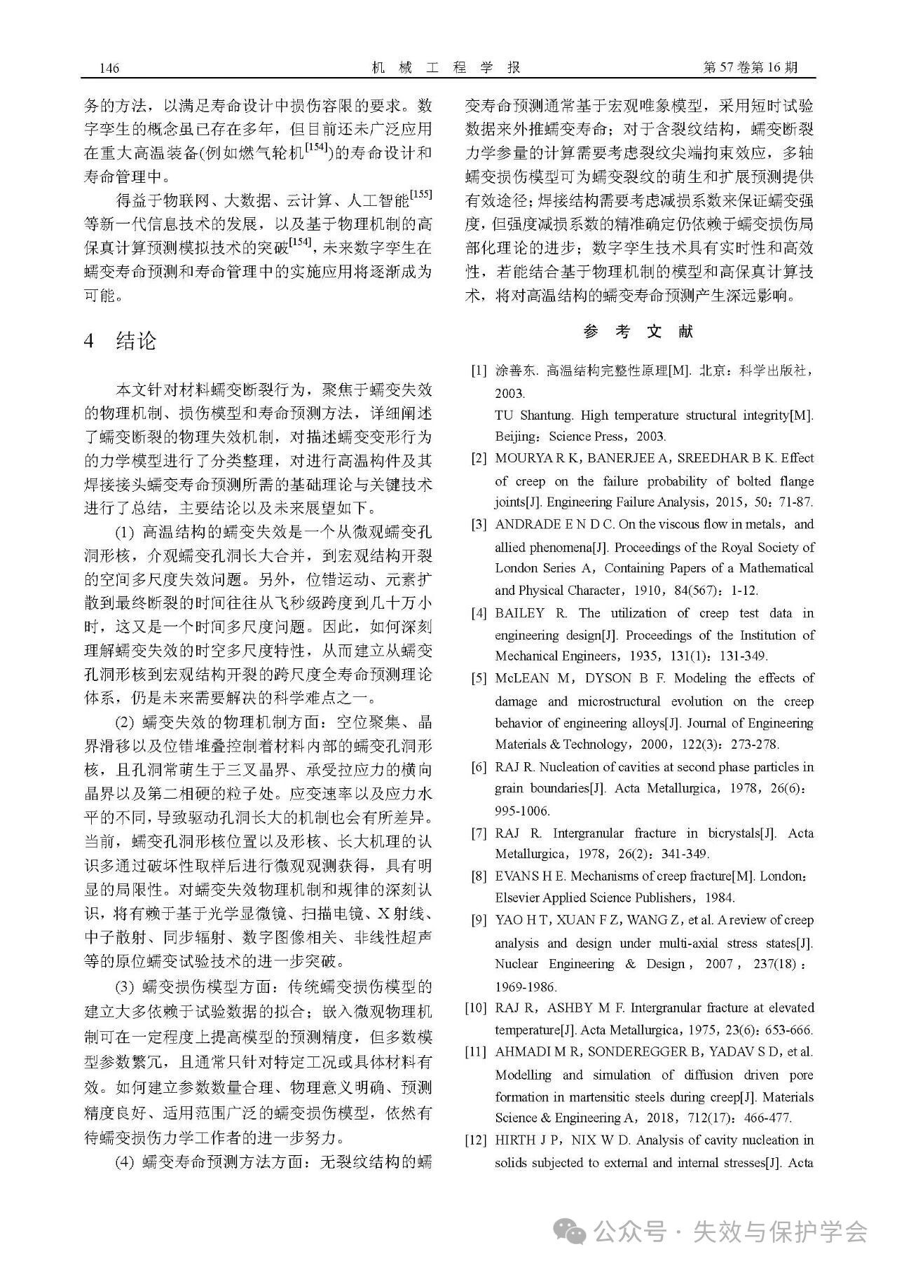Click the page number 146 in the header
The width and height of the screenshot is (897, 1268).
pyautogui.click(x=109, y=68)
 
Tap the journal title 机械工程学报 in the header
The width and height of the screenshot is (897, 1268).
pyautogui.click(x=446, y=67)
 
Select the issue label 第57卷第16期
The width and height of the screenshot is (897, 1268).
pyautogui.click(x=749, y=67)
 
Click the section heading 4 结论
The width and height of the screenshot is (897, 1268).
pyautogui.click(x=120, y=341)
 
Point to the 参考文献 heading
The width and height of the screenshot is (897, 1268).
pyautogui.click(x=638, y=331)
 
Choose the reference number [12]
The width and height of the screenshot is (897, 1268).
pyautogui.click(x=476, y=1140)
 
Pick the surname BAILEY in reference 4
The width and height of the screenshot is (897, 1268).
pyautogui.click(x=519, y=613)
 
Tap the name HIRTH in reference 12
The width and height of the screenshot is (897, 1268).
pyautogui.click(x=516, y=1140)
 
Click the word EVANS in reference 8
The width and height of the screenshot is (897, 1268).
pyautogui.click(x=516, y=876)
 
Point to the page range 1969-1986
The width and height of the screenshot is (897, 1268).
pyautogui.click(x=526, y=986)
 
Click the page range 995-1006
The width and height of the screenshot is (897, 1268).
pyautogui.click(x=523, y=811)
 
